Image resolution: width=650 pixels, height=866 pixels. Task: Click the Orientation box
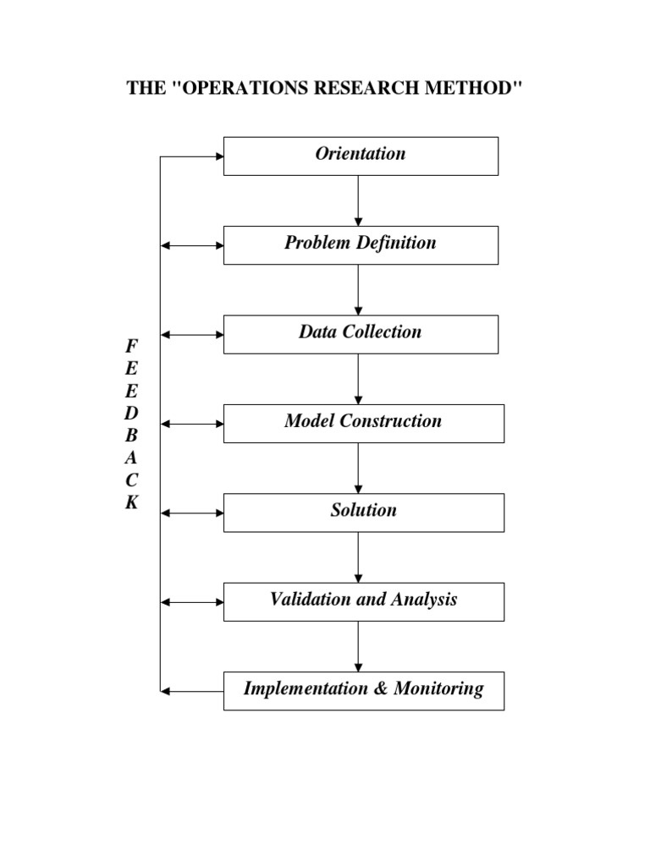(361, 156)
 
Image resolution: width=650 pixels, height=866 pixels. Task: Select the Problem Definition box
(361, 244)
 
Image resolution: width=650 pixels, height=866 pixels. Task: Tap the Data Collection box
(361, 333)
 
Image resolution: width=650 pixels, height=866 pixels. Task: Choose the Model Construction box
(363, 423)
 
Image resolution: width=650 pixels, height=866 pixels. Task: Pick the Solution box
(363, 512)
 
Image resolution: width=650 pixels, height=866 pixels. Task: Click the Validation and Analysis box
(363, 601)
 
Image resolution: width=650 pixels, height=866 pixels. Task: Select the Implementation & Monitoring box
(363, 690)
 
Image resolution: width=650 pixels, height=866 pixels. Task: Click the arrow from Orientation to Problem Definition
(359, 200)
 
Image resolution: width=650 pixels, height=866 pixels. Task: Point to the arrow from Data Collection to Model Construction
(359, 379)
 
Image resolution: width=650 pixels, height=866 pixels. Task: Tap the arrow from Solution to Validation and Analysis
(359, 556)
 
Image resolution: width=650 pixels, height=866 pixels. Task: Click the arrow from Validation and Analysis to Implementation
(359, 646)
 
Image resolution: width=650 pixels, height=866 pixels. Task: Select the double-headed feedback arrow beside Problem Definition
(192, 245)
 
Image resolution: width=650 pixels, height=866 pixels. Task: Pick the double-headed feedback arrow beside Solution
(192, 512)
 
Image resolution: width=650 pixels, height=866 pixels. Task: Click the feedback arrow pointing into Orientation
(192, 156)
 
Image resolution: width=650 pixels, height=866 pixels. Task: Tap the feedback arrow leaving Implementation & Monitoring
(192, 691)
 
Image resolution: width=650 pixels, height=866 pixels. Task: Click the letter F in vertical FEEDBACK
(130, 346)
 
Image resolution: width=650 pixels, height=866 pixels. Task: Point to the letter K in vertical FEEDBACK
(131, 502)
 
